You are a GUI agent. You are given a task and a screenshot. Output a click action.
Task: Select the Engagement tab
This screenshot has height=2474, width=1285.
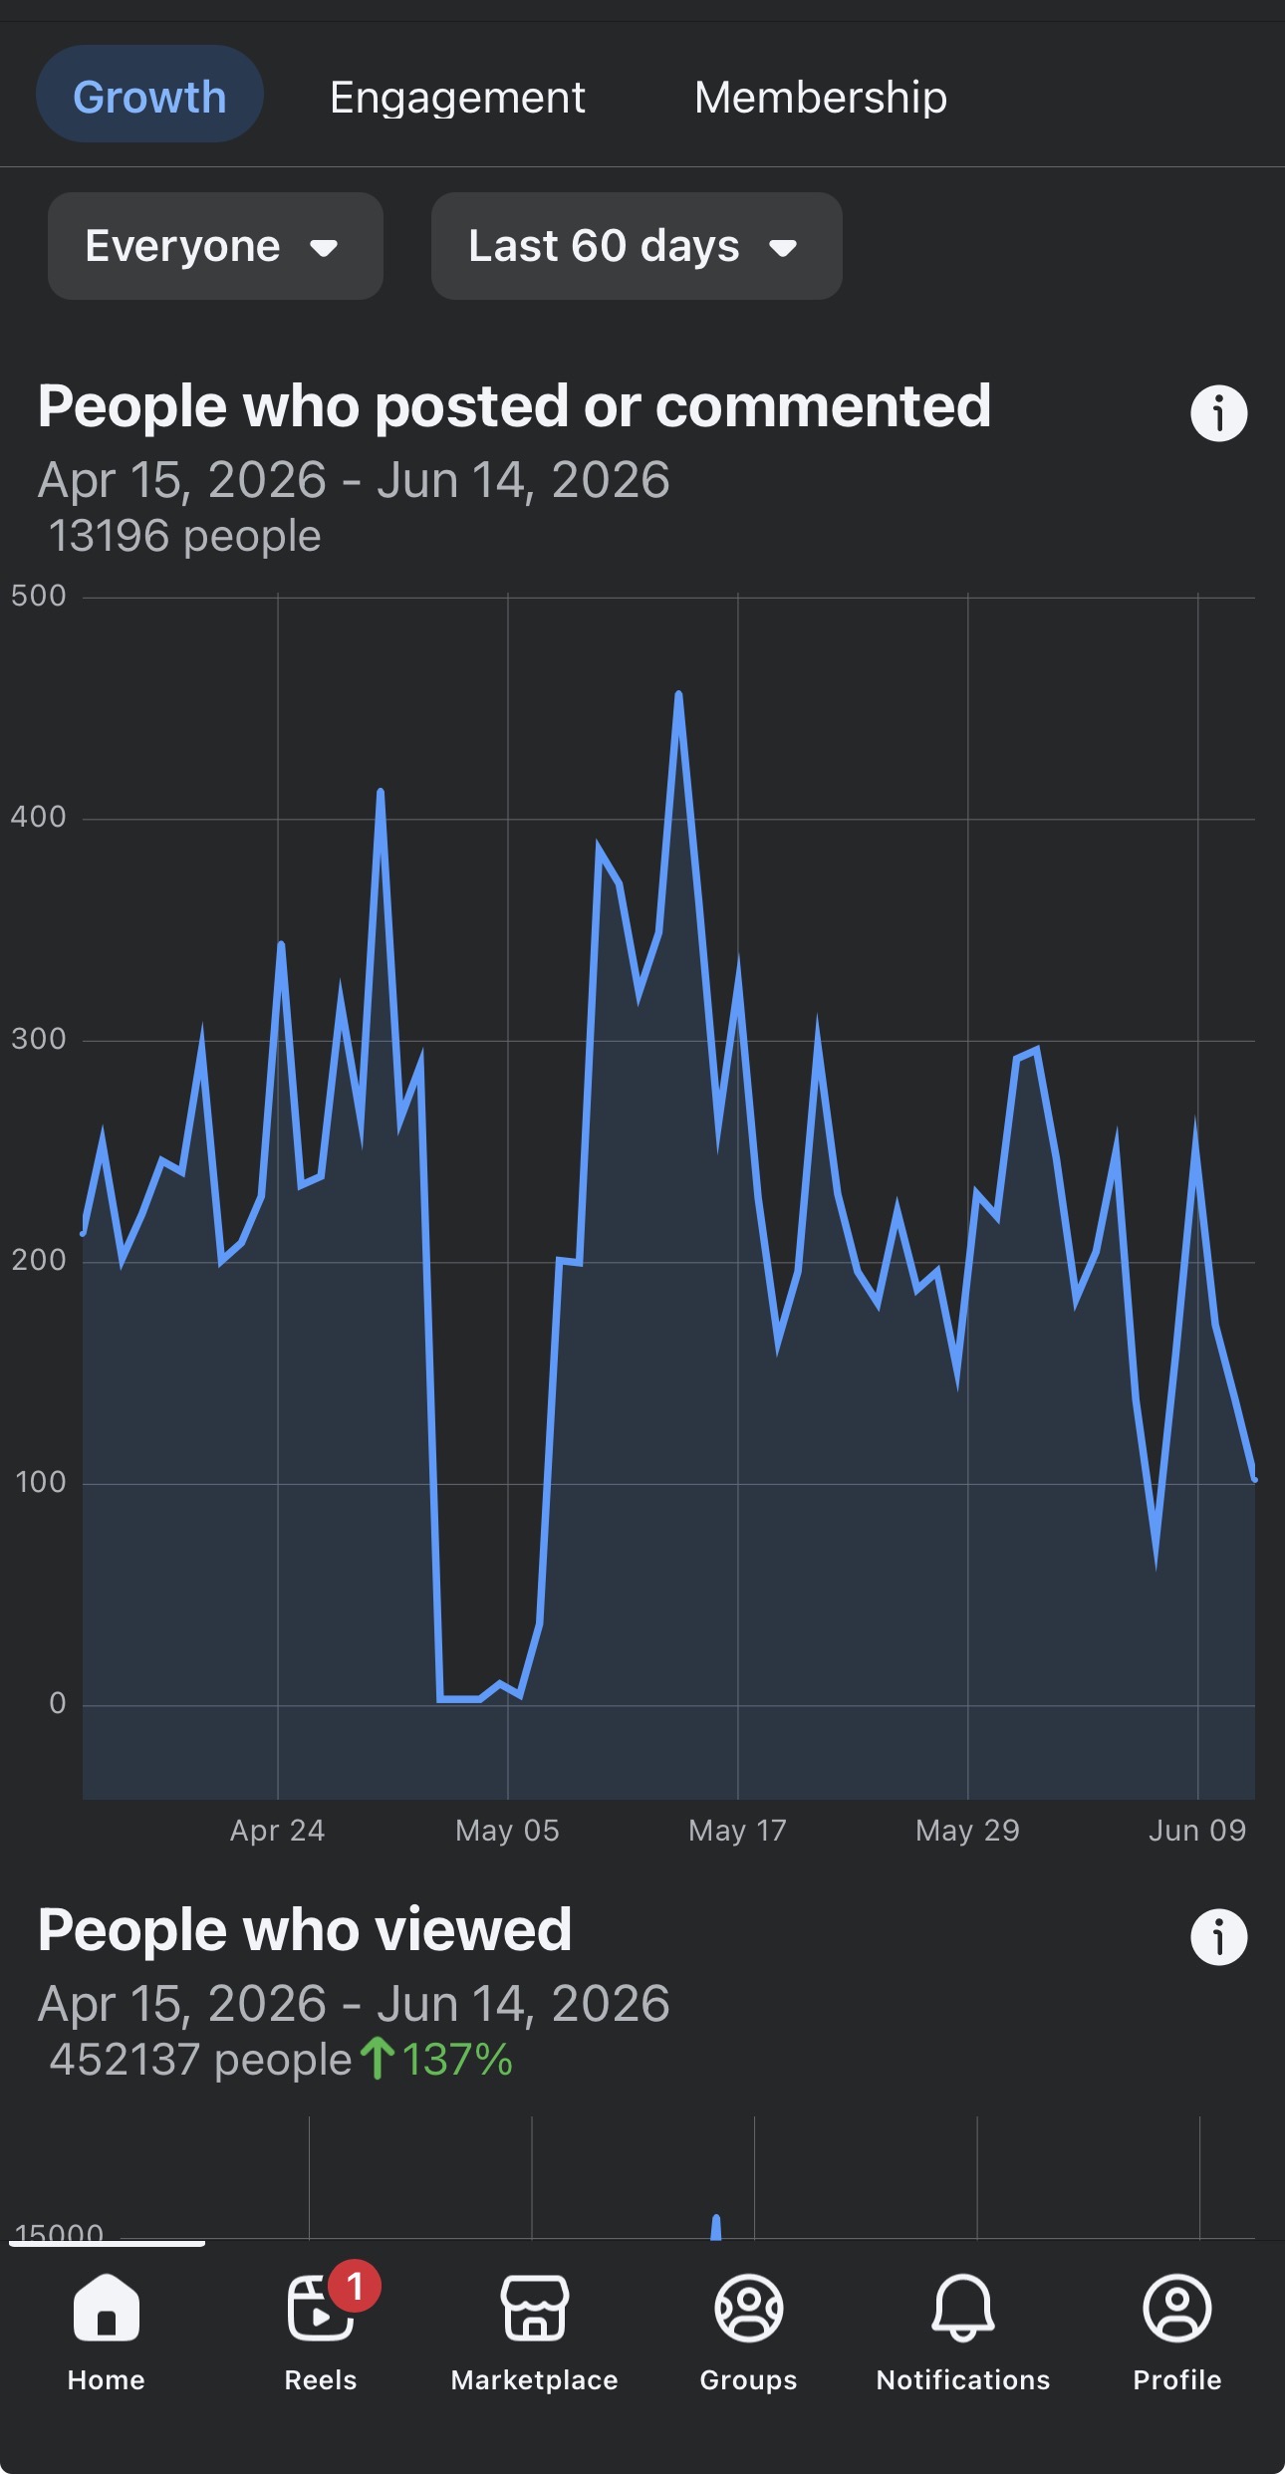point(457,98)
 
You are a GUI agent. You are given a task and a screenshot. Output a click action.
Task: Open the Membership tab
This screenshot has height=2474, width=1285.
point(821,98)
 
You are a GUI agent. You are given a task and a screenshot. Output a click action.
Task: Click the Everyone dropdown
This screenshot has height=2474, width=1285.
point(215,246)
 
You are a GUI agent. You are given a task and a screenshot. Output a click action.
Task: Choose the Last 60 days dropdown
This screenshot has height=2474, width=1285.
point(637,246)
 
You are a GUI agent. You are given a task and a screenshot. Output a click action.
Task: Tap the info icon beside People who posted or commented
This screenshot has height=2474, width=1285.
point(1219,413)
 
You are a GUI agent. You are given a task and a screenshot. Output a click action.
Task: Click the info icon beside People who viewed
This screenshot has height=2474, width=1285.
point(1219,1937)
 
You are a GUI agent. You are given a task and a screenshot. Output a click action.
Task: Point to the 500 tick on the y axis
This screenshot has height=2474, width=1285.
point(39,596)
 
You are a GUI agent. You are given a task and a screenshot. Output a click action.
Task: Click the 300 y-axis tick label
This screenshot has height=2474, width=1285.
point(39,1039)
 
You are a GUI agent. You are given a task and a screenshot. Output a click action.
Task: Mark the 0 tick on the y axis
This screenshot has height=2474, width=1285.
point(58,1703)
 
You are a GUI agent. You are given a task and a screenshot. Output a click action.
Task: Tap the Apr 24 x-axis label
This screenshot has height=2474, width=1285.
point(277,1831)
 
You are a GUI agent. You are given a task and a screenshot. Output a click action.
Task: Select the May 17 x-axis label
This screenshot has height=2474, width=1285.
point(737,1831)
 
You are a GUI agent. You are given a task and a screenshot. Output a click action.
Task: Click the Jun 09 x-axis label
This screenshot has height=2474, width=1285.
point(1197,1831)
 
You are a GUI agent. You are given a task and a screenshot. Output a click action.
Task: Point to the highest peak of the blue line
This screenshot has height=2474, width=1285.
point(678,694)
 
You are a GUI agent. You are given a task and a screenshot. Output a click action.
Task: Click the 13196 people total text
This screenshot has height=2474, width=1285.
point(185,536)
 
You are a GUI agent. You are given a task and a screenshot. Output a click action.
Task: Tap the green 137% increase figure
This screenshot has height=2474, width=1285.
point(457,2060)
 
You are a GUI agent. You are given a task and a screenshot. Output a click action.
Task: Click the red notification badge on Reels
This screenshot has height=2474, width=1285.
point(354,2286)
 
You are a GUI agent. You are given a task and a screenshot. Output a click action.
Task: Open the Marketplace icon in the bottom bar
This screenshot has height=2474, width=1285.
point(535,2308)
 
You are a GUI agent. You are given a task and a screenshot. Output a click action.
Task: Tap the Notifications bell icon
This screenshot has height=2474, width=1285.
point(963,2308)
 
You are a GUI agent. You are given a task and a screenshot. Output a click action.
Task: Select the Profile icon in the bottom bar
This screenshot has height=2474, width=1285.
point(1177,2308)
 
